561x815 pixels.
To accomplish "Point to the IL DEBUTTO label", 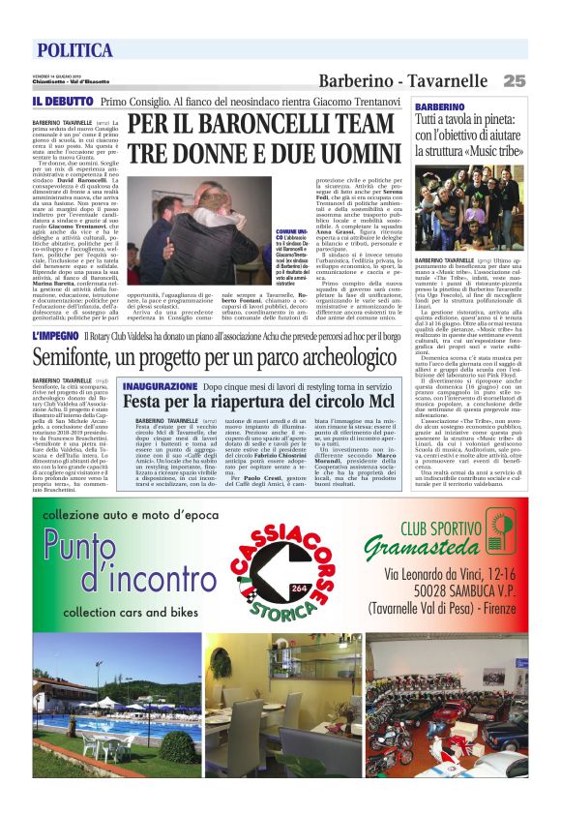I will (62, 101).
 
